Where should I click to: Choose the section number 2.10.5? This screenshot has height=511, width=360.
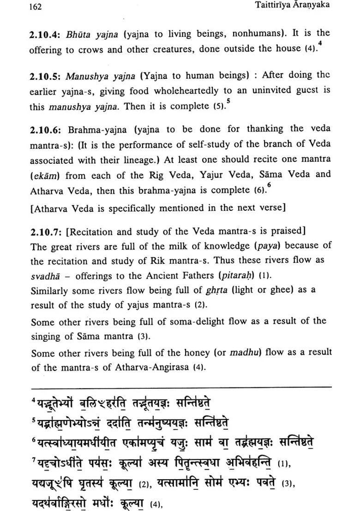coord(46,75)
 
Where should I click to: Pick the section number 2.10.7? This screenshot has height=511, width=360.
coord(46,232)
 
